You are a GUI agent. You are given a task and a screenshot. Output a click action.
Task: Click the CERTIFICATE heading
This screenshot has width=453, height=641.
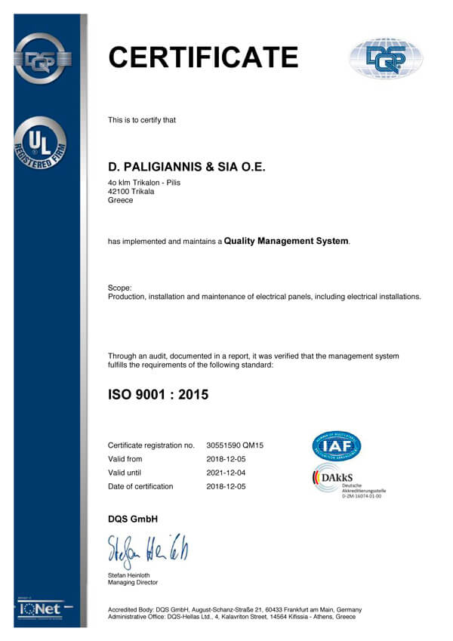coord(203,57)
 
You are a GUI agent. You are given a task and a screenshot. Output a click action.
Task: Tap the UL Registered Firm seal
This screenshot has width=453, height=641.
coord(40,143)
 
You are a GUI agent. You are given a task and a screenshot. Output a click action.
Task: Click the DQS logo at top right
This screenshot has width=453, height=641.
coord(385,58)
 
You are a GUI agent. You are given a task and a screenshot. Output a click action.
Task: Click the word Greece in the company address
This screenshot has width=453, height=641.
coord(121,201)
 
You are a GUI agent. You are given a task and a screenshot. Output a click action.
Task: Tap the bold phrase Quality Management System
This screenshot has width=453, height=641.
coord(286,241)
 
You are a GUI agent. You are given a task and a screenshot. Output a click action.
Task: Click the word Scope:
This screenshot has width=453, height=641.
coord(120,288)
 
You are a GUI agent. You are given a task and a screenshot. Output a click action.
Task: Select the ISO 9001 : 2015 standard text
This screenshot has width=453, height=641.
coord(158,393)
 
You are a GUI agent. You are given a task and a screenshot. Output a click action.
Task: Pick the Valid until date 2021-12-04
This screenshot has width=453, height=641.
coord(225,473)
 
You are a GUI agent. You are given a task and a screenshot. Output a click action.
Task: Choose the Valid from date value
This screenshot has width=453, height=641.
coord(225,459)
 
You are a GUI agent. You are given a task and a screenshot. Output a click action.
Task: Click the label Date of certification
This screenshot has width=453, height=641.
coord(140,486)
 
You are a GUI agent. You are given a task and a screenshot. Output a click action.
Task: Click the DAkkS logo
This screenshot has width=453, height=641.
coord(338,482)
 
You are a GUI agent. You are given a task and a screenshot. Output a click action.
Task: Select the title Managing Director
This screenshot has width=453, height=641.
coord(133,583)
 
